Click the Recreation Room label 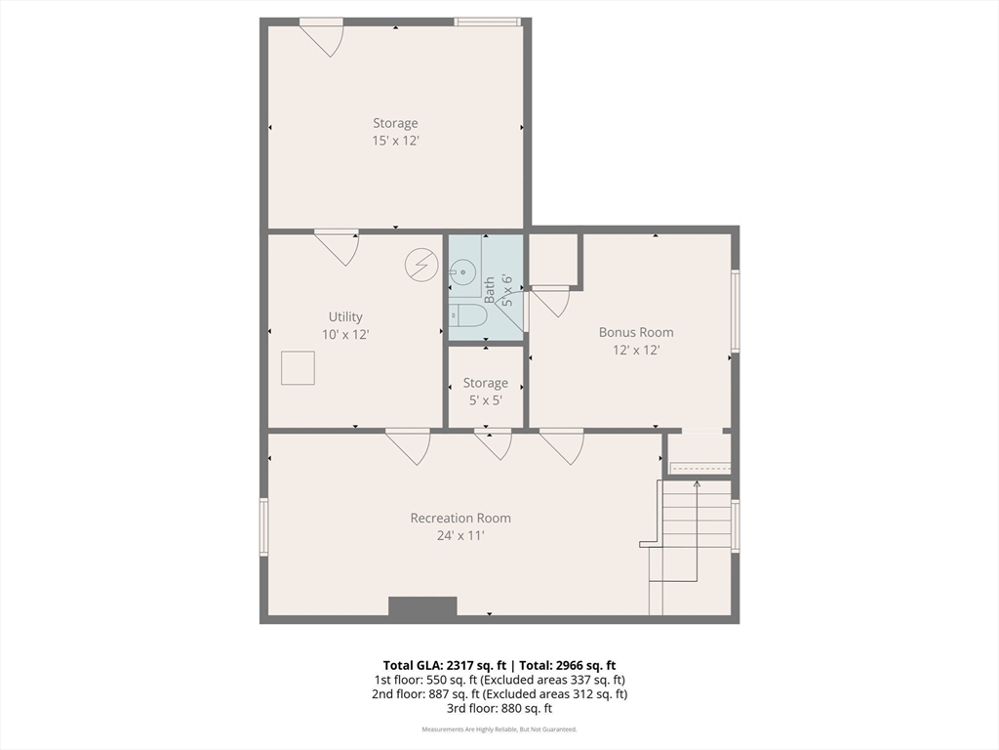click(x=460, y=518)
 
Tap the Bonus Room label click(x=636, y=332)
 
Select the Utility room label click(x=345, y=317)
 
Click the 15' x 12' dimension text click(x=395, y=141)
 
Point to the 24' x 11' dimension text click(x=460, y=536)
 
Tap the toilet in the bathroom click(x=467, y=315)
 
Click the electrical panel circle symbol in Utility click(x=421, y=264)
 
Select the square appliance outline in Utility click(x=299, y=368)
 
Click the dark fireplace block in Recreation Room click(x=422, y=605)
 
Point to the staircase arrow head click(x=697, y=484)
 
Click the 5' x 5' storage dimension click(x=486, y=400)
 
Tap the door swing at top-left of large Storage click(x=322, y=38)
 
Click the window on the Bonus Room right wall click(x=736, y=311)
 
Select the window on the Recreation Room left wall click(x=263, y=526)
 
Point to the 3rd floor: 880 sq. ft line click(x=499, y=708)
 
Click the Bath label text click(x=490, y=289)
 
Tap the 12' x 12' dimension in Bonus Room click(x=636, y=350)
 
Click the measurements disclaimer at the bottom click(x=499, y=729)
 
